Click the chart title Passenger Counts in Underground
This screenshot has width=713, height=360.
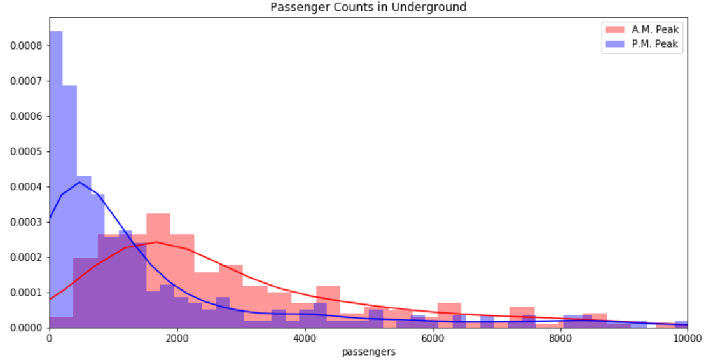click(368, 8)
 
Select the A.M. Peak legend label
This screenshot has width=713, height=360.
click(654, 29)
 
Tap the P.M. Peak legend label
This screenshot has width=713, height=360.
click(654, 44)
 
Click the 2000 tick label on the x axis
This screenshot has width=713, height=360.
click(177, 338)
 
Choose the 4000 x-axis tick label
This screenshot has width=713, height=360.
click(305, 338)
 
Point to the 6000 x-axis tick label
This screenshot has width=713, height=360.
click(432, 338)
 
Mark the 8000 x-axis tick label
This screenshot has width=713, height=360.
click(560, 338)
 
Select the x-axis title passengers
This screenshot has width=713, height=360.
click(368, 351)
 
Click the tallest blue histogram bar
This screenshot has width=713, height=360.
click(56, 178)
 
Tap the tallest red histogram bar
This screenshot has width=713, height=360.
click(158, 270)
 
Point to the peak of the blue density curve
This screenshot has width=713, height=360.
click(80, 182)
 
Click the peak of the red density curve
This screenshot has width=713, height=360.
click(156, 242)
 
